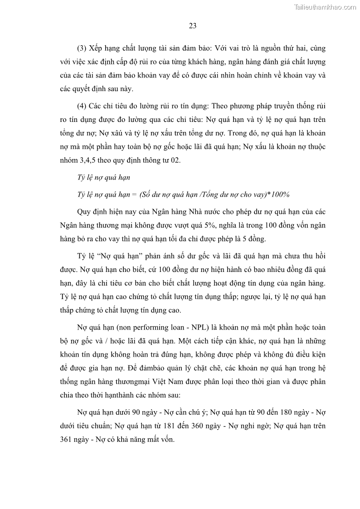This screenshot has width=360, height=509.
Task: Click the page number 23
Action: pos(192,26)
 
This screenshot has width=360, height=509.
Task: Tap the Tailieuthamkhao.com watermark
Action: pos(325,7)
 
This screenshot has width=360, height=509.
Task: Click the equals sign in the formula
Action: pos(133,194)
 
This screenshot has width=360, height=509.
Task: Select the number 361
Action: pos(66,439)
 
